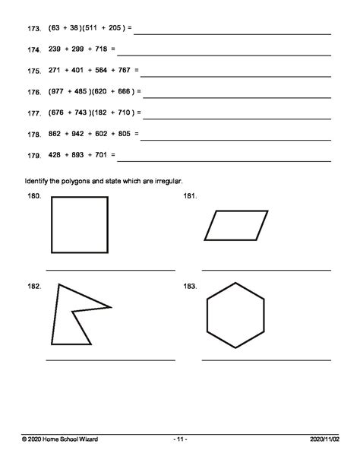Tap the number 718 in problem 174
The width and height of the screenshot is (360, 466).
pyautogui.click(x=103, y=49)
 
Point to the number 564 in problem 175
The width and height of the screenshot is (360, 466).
pyautogui.click(x=103, y=71)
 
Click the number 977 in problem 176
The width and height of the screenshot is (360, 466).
pyautogui.click(x=58, y=92)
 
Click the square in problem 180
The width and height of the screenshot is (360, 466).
pyautogui.click(x=79, y=224)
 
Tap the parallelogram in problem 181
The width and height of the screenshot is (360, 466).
pyautogui.click(x=236, y=226)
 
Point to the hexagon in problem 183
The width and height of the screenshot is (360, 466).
pyautogui.click(x=235, y=313)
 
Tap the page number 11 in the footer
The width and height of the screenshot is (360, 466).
pyautogui.click(x=180, y=439)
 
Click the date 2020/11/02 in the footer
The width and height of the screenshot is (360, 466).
pyautogui.click(x=327, y=439)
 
